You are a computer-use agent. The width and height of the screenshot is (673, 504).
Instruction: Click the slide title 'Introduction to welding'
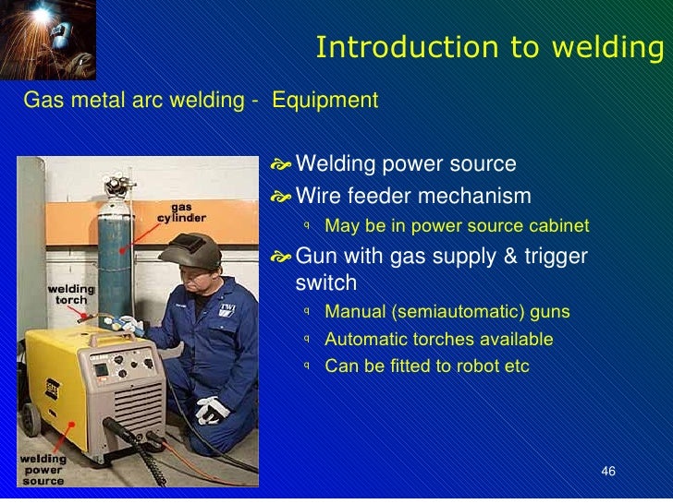click(489, 48)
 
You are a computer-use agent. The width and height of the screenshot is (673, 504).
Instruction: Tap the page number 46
click(607, 472)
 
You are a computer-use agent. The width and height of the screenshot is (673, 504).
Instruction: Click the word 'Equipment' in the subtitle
click(324, 100)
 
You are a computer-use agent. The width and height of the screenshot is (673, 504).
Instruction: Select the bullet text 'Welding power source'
click(405, 164)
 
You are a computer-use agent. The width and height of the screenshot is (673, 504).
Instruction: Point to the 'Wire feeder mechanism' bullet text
click(413, 196)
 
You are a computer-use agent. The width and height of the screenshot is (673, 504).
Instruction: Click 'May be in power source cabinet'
click(457, 226)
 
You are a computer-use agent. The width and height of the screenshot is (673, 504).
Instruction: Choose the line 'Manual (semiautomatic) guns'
click(447, 312)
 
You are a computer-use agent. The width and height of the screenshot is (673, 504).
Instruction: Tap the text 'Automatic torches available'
click(438, 339)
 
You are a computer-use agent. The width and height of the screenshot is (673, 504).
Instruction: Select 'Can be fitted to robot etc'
click(427, 366)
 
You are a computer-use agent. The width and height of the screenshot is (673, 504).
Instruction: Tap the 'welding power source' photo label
click(43, 469)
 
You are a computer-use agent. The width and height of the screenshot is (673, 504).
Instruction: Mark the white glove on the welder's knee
click(213, 409)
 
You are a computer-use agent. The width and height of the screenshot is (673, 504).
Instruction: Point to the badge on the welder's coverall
click(226, 310)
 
